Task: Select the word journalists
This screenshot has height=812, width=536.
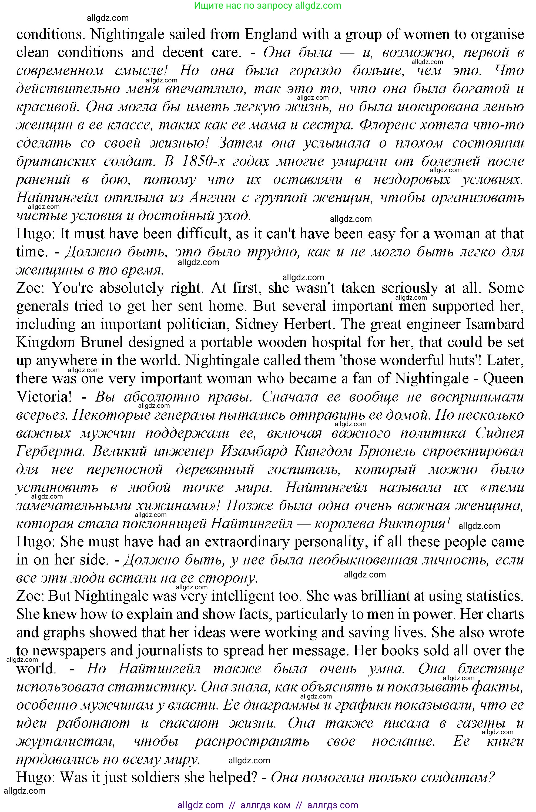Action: coord(178,651)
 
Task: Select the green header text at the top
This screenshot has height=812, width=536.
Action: coord(268,5)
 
